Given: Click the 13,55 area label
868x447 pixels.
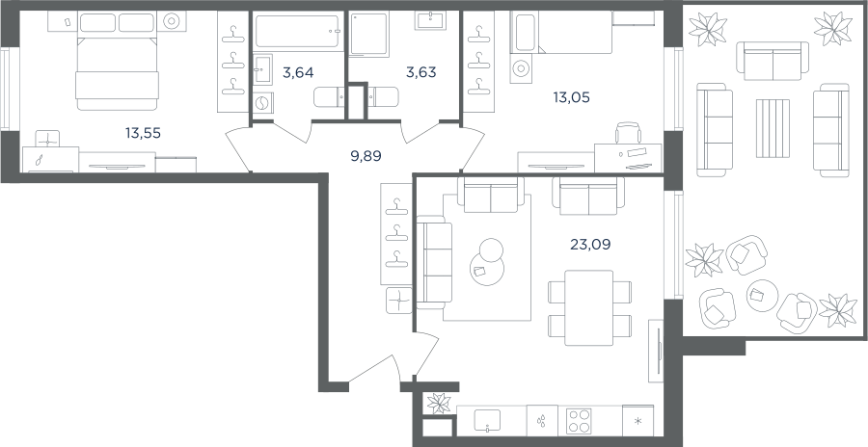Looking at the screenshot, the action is [x=143, y=133].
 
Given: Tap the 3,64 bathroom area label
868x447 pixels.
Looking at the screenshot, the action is [x=298, y=72].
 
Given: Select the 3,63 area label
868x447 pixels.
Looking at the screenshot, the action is [x=420, y=72].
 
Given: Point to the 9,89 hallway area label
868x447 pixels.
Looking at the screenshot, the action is [x=366, y=156].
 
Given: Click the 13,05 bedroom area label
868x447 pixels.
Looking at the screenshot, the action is [x=571, y=98].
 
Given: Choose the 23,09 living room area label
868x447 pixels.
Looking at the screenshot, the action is [x=590, y=244].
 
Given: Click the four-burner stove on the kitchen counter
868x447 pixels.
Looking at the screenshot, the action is [x=579, y=421].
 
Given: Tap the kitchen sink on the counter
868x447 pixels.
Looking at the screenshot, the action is [x=487, y=420].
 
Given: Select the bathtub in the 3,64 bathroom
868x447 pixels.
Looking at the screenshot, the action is [x=297, y=32].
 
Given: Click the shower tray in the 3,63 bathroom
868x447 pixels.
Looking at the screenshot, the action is [x=368, y=34].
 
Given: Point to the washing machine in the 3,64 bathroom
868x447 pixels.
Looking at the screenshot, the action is [x=263, y=103].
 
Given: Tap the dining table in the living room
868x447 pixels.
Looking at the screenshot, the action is [x=589, y=307].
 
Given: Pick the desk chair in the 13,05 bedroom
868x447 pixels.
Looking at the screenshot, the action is [x=628, y=133].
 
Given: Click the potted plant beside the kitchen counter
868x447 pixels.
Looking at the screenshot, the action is [x=439, y=403].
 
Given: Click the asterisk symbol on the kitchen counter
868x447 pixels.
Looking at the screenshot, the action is [x=637, y=422].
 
